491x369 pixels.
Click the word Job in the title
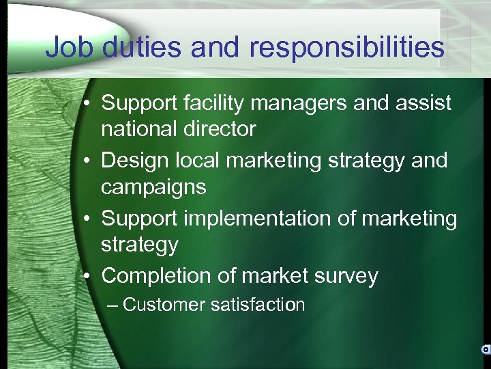click(x=70, y=47)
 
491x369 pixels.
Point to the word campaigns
click(x=153, y=187)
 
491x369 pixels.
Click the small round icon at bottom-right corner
click(x=485, y=349)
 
